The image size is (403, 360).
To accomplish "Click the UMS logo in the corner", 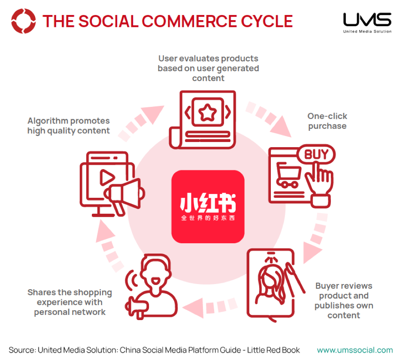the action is (367, 23).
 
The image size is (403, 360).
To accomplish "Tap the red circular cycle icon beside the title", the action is (23, 21).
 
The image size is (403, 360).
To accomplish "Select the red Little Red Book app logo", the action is (208, 206).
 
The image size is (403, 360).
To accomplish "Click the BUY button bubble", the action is (316, 154).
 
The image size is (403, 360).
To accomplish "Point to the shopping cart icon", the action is (288, 175).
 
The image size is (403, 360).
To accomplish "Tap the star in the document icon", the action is (207, 112).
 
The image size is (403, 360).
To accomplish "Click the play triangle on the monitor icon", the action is (107, 177).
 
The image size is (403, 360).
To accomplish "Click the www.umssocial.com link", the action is (355, 350).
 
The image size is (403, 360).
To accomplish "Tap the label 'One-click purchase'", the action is (327, 121).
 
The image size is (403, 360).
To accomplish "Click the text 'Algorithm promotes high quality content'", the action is (69, 126).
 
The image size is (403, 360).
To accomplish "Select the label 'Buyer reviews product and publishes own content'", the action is (344, 300).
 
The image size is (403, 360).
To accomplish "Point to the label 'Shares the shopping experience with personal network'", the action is (70, 302).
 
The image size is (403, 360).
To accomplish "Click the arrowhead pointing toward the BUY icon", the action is (282, 127).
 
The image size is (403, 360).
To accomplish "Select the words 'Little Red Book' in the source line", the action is (273, 350).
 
